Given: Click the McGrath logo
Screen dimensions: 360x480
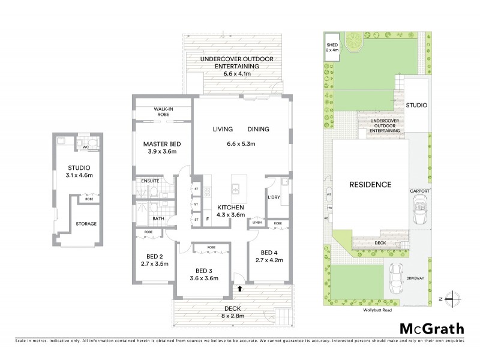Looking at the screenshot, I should coord(431,328).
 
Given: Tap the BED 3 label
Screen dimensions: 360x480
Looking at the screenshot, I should coord(202,270).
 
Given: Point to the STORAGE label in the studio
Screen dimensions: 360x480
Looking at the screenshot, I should coord(86,224).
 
